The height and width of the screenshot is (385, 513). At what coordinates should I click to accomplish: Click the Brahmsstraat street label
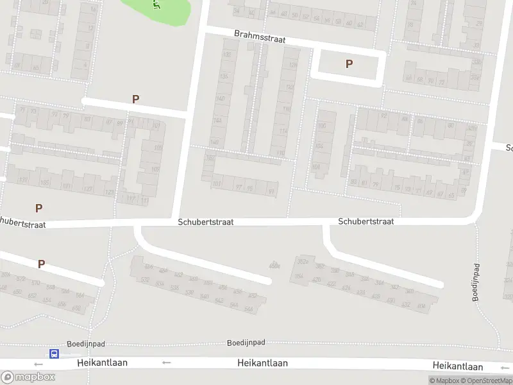260,37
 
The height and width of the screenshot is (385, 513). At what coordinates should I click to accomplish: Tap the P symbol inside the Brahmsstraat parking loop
349,64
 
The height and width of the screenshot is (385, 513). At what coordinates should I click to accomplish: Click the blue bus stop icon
55,354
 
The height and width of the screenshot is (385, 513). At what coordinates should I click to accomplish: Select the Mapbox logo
28,377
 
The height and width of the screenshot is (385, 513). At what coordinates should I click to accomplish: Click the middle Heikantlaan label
262,363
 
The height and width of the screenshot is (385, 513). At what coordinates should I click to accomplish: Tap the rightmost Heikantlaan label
457,366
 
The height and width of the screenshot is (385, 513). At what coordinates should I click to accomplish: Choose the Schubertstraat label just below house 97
206,221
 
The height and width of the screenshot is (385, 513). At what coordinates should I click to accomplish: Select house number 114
283,132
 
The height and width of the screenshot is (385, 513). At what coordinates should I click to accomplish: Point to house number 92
384,117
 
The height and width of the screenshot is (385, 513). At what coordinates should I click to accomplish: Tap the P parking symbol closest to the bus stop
41,264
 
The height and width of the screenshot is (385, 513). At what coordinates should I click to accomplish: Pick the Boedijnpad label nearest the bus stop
85,344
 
